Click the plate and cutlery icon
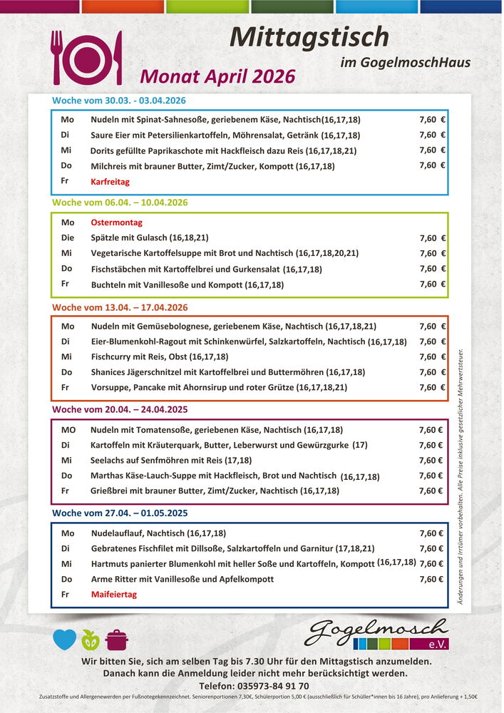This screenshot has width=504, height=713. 86,58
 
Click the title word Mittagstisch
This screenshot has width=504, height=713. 309,36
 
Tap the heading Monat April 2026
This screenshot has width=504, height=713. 217,76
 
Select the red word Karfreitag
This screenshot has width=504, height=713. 110,182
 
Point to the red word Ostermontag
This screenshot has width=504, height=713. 116,222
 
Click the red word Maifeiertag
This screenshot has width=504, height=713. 114,594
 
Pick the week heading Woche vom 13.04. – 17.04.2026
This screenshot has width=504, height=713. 120,307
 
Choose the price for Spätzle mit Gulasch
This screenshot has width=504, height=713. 432,238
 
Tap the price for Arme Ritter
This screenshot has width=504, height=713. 431,579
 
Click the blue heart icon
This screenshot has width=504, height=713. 64,640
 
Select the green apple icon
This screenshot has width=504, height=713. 91,640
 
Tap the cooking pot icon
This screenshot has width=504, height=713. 116,640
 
